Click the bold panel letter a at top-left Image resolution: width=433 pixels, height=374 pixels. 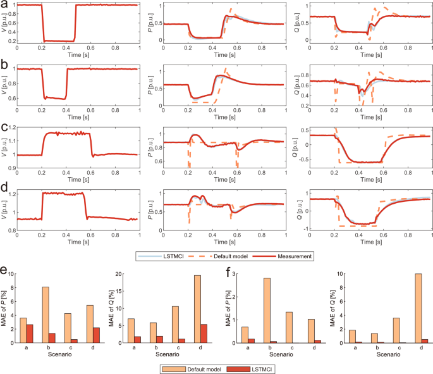pyautogui.click(x=5, y=6)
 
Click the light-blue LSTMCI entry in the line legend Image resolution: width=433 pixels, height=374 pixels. pyautogui.click(x=162, y=256)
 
